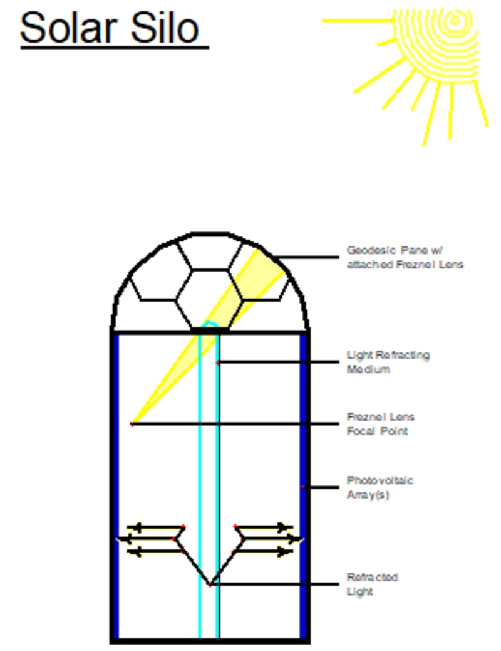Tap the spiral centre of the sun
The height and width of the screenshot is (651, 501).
pyautogui.click(x=455, y=21)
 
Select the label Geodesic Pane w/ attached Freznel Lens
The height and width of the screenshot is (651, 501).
pyautogui.click(x=405, y=257)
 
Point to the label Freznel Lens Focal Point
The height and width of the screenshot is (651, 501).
pyautogui.click(x=380, y=424)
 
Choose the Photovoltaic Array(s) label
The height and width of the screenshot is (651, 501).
pyautogui.click(x=380, y=488)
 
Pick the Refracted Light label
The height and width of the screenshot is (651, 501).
pyautogui.click(x=372, y=584)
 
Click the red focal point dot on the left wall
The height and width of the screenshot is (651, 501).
pyautogui.click(x=132, y=425)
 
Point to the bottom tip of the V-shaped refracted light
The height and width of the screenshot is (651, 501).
pyautogui.click(x=210, y=585)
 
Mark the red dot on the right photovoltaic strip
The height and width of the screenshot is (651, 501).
pyautogui.click(x=303, y=487)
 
